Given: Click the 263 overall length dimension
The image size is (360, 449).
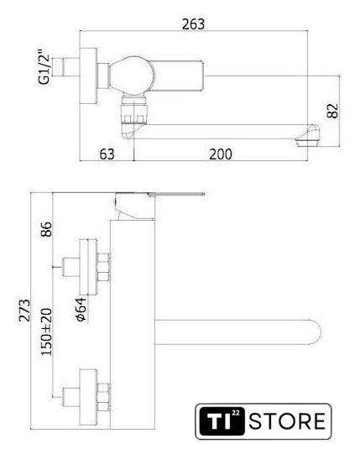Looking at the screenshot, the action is click(194, 24).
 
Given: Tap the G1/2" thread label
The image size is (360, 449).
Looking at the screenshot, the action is click(44, 66).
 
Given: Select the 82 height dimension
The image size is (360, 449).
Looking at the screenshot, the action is click(332, 111).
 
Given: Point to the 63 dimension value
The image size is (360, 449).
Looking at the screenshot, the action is click(107, 154).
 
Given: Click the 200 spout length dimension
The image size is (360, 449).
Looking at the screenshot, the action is click(221, 154).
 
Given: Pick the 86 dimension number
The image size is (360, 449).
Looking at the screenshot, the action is click(46, 229).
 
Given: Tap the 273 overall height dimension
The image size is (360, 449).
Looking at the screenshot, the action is click(24, 311).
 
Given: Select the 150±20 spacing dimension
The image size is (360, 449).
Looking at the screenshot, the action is click(46, 332).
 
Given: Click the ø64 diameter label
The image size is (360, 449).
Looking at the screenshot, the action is click(81, 310).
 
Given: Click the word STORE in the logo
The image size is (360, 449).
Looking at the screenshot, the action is click(287, 421).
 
